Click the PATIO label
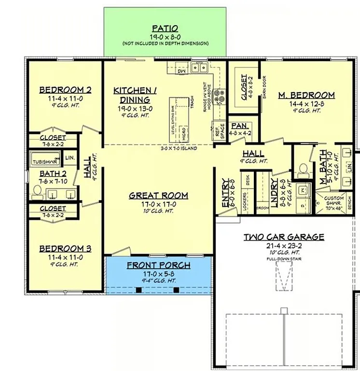pos(165,29)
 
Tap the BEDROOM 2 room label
pos(65,90)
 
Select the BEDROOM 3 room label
pos(65,249)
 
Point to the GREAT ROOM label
pos(158,196)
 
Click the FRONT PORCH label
pos(158,266)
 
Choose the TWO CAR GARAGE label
pos(283,237)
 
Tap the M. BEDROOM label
pos(306,96)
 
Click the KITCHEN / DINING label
pos(135,95)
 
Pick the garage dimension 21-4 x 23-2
pos(283,246)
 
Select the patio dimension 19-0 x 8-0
pos(165,37)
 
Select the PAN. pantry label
pos(239,126)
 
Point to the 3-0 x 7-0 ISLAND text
pos(179,148)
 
